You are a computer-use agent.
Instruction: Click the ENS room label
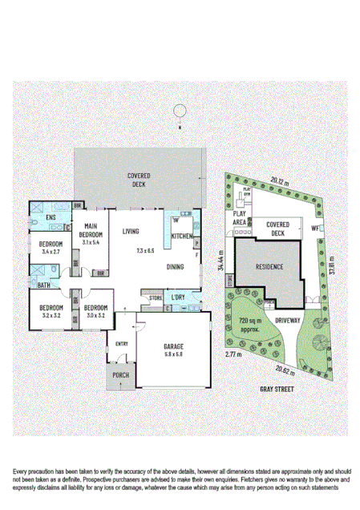click(x=50, y=217)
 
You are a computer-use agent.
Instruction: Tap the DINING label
click(x=176, y=267)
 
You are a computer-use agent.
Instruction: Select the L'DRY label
click(x=179, y=298)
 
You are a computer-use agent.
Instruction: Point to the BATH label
click(x=44, y=285)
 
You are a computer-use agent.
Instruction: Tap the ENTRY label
click(x=121, y=346)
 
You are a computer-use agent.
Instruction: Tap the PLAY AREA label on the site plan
click(x=238, y=219)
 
